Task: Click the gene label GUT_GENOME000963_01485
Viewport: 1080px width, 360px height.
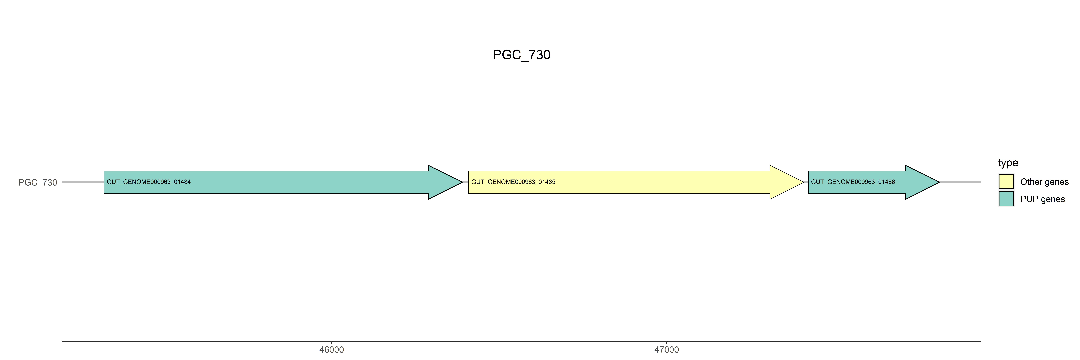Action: [x=513, y=182]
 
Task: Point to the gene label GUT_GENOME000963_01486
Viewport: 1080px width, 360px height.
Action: [x=853, y=182]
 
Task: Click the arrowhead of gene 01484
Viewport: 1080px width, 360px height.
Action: [x=444, y=182]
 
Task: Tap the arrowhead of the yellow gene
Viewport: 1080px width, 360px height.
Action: [x=786, y=182]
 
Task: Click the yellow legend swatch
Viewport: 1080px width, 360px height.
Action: [x=1006, y=181]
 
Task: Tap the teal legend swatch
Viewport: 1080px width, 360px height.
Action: [x=1006, y=199]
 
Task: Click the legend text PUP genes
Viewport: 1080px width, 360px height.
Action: [x=1042, y=199]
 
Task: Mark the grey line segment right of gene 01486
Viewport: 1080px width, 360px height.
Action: [x=960, y=182]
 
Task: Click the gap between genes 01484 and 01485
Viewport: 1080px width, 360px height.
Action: [x=465, y=182]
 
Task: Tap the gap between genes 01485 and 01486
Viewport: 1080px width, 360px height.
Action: [x=806, y=182]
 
